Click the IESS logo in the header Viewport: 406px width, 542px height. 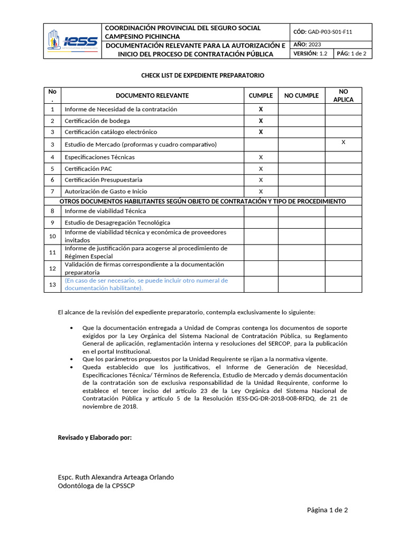tap(72, 41)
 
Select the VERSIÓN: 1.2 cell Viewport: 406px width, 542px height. tap(311, 54)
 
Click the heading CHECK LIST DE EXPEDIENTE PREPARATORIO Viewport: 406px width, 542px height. tap(202, 76)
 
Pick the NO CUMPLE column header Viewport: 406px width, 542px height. tap(301, 96)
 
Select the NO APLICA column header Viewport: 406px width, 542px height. tap(343, 96)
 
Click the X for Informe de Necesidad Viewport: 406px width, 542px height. tap(261, 109)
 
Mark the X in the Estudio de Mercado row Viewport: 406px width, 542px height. tap(343, 142)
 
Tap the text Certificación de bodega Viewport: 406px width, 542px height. tap(98, 121)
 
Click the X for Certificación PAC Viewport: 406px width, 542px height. tap(261, 169)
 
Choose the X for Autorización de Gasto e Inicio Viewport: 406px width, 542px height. tap(261, 191)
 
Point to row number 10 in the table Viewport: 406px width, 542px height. tap(52, 236)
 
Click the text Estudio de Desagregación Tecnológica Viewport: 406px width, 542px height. tap(117, 223)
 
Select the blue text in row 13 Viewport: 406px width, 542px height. tap(146, 284)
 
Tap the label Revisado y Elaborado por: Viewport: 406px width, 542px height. tap(95, 438)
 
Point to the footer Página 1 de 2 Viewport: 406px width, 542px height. tap(327, 510)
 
